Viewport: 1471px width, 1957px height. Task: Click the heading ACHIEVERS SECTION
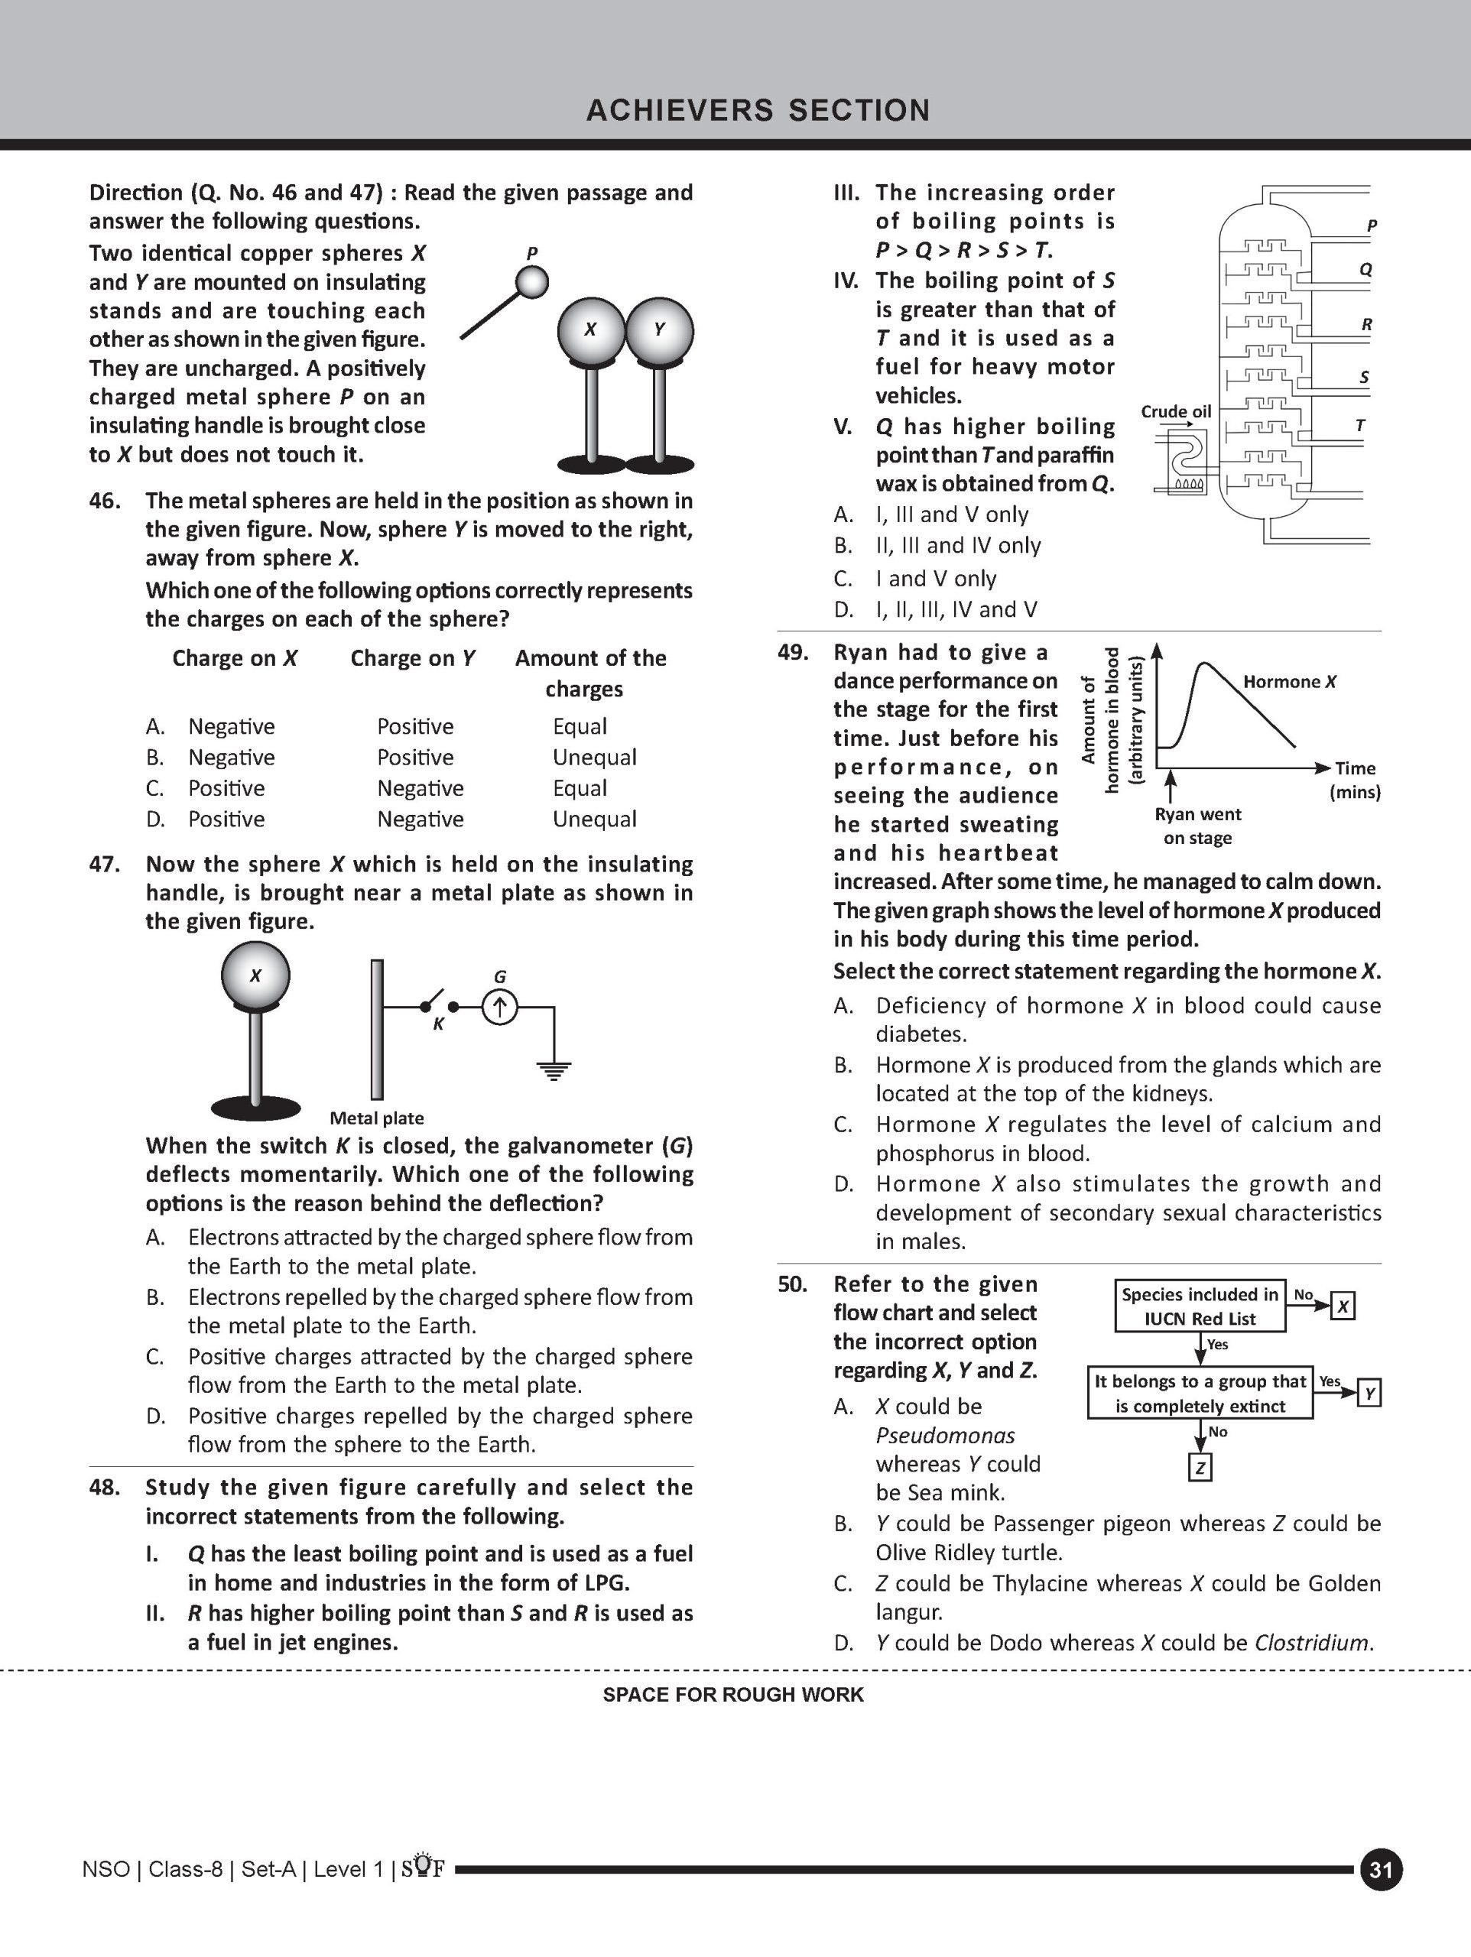[x=758, y=111]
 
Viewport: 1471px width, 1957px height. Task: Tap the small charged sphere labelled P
[x=532, y=282]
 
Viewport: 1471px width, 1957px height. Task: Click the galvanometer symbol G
[x=499, y=1007]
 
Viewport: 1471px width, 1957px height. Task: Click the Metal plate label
[x=376, y=1118]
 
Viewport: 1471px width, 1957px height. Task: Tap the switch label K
[x=438, y=1024]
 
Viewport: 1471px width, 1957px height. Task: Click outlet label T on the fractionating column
[x=1360, y=426]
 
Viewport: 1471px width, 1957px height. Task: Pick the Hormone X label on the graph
[x=1290, y=681]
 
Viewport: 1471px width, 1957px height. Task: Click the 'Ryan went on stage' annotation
[x=1197, y=826]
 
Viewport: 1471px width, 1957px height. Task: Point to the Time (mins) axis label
[x=1355, y=780]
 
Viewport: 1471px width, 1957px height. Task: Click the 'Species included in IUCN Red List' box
[x=1200, y=1306]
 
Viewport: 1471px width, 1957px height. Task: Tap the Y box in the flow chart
[x=1369, y=1394]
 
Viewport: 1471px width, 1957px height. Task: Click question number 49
[x=793, y=653]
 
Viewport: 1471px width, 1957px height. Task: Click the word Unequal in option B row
[x=595, y=758]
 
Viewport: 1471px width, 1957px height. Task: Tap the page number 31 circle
[x=1382, y=1869]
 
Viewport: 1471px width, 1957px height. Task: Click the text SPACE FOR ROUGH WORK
[x=733, y=1695]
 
